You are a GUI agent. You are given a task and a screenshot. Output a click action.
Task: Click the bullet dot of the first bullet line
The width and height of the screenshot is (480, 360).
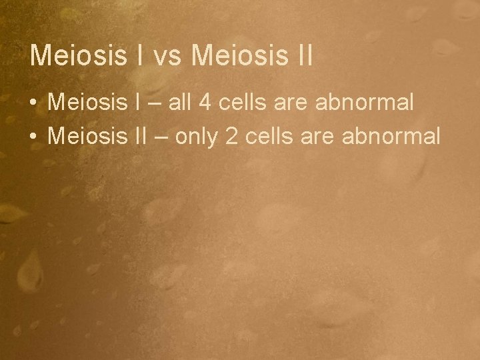tap(33, 103)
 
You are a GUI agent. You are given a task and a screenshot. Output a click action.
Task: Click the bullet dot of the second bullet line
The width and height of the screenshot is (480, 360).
tap(33, 136)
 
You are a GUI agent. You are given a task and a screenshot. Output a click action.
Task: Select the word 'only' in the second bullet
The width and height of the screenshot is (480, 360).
tap(199, 137)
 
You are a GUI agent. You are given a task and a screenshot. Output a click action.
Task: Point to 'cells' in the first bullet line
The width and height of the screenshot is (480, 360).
tap(237, 103)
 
